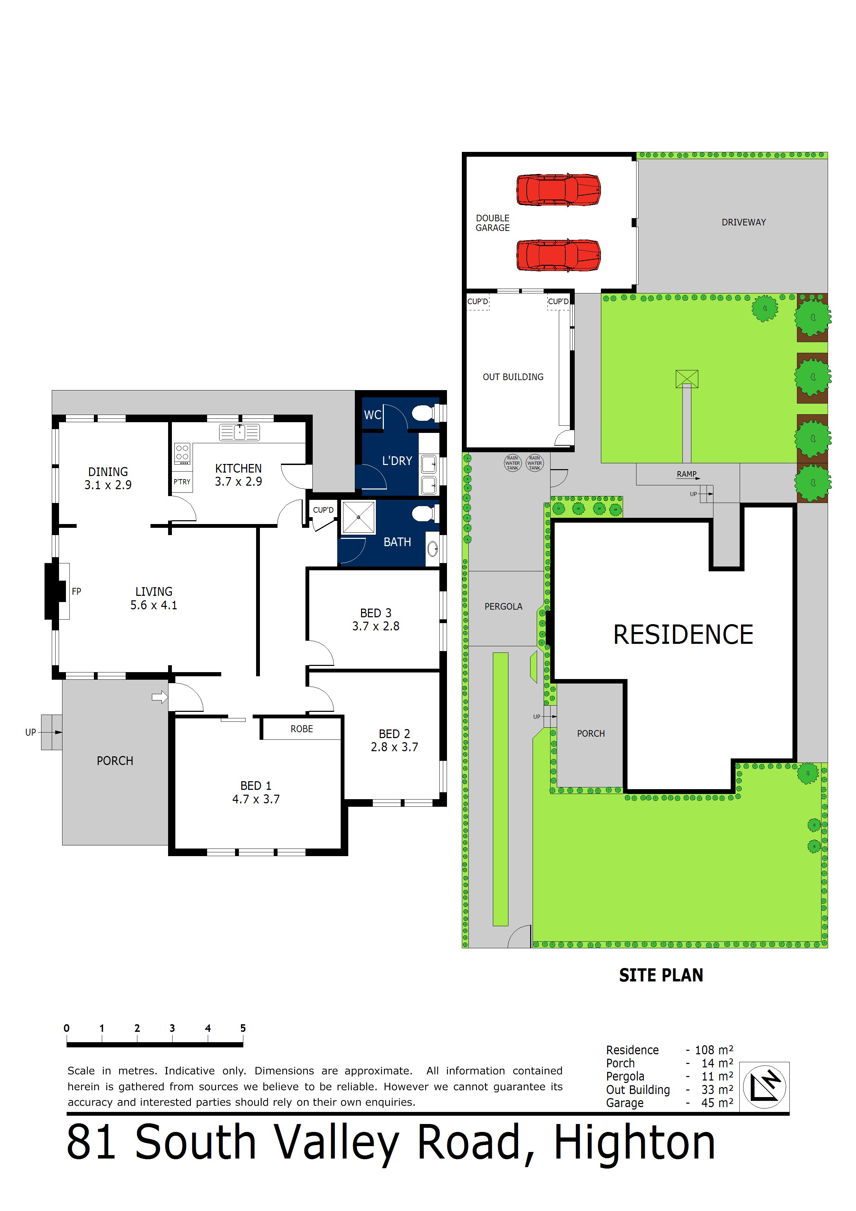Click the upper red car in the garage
[x=558, y=190]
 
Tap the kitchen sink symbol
[x=240, y=432]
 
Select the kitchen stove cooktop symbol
[x=182, y=453]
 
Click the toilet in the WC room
[x=423, y=413]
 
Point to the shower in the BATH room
[x=359, y=517]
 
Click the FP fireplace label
[x=77, y=591]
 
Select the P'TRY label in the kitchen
[x=182, y=482]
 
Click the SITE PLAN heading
[x=661, y=975]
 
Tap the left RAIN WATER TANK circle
[x=513, y=463]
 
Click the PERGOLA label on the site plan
[x=503, y=607]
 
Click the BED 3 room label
[x=376, y=613]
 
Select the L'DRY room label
[x=397, y=461]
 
